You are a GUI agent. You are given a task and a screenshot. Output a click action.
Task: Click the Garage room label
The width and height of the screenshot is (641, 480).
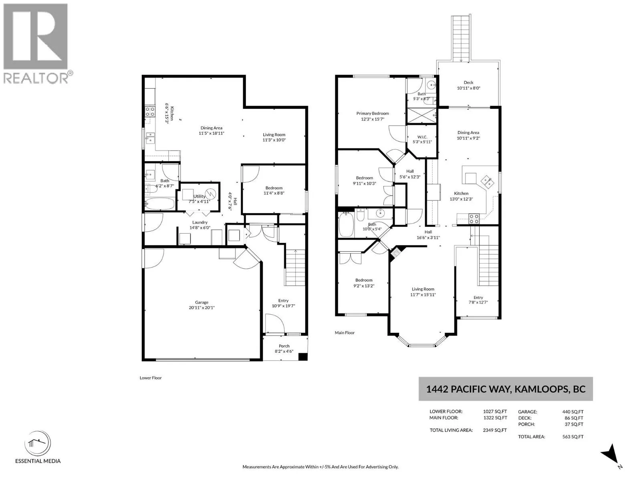pyautogui.click(x=202, y=302)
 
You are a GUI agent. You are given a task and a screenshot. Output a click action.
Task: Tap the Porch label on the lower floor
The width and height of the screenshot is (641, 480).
pyautogui.click(x=284, y=346)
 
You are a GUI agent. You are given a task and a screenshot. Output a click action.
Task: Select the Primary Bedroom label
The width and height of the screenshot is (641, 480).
pyautogui.click(x=372, y=113)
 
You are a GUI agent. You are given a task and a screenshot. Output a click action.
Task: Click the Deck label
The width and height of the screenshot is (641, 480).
pyautogui.click(x=468, y=82)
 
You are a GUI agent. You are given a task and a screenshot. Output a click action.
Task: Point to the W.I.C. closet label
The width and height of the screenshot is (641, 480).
pyautogui.click(x=422, y=137)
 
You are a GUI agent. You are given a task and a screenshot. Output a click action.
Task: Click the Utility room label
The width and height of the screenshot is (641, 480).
pyautogui.click(x=200, y=196)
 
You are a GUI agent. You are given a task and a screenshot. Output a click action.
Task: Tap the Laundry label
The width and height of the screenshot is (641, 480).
pyautogui.click(x=200, y=222)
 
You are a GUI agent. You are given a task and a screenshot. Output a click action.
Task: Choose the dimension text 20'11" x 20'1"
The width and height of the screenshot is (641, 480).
pyautogui.click(x=202, y=308)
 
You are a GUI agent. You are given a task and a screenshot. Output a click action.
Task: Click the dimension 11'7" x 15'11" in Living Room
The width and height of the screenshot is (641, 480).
pyautogui.click(x=423, y=294)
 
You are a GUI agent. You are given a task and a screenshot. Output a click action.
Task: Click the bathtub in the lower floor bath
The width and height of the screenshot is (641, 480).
pyautogui.click(x=160, y=204)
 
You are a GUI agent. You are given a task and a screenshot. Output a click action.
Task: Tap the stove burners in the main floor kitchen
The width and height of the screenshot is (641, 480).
pyautogui.click(x=474, y=218)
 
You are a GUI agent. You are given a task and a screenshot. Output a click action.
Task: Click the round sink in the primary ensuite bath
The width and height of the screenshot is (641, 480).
pyautogui.click(x=431, y=85)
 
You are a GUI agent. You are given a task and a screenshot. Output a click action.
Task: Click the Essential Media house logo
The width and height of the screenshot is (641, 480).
pyautogui.click(x=38, y=443)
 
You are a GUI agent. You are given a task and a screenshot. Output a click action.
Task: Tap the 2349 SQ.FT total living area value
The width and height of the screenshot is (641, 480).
pyautogui.click(x=495, y=430)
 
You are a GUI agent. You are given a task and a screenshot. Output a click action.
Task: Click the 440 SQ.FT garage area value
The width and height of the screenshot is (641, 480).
pyautogui.click(x=572, y=412)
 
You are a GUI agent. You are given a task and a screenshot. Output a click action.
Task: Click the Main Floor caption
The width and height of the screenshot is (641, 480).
pyautogui.click(x=345, y=332)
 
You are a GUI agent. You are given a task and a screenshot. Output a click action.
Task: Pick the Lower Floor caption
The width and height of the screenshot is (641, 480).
pyautogui.click(x=150, y=378)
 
